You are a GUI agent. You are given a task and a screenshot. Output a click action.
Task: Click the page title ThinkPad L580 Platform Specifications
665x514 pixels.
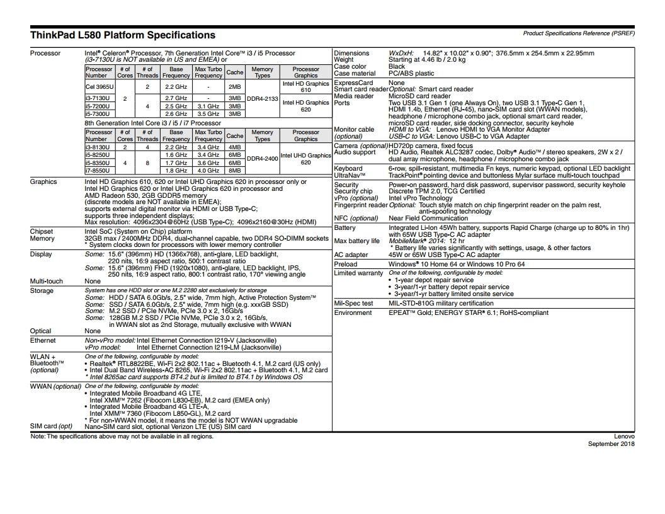pos(123,35)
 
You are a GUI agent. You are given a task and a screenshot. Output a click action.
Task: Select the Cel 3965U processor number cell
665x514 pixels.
pos(99,86)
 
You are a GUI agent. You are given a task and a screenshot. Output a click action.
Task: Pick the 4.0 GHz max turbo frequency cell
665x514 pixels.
pos(208,170)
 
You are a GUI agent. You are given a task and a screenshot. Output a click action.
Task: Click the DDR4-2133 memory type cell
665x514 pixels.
pos(262,98)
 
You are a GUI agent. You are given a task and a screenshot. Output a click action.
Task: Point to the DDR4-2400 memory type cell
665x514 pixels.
pos(262,159)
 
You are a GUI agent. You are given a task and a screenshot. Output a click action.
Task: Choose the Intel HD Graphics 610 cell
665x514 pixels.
pos(306,86)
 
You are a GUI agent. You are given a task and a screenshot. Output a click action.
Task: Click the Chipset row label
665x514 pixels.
pos(42,231)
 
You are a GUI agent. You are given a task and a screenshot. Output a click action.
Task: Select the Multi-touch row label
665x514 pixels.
pos(47,281)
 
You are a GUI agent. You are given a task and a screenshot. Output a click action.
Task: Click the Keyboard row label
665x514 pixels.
pos(348,168)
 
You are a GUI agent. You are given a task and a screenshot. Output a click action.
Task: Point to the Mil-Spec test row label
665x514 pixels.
pos(353,303)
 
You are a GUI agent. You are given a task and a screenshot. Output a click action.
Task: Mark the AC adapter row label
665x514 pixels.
pos(351,255)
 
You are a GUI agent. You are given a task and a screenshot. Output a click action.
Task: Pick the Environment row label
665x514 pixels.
pos(353,312)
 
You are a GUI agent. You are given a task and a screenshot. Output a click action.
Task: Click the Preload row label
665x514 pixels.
pos(346,265)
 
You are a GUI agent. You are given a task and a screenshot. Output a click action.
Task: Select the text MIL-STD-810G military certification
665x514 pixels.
pos(441,303)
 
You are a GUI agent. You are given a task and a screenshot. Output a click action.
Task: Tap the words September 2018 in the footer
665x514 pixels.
pos(611,443)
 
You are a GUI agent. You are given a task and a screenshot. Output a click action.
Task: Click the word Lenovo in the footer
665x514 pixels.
pos(625,436)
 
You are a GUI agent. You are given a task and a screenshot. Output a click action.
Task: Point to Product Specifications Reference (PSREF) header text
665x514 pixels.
pos(578,33)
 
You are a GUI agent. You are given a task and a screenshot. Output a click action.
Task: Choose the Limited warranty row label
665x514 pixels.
pos(358,273)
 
